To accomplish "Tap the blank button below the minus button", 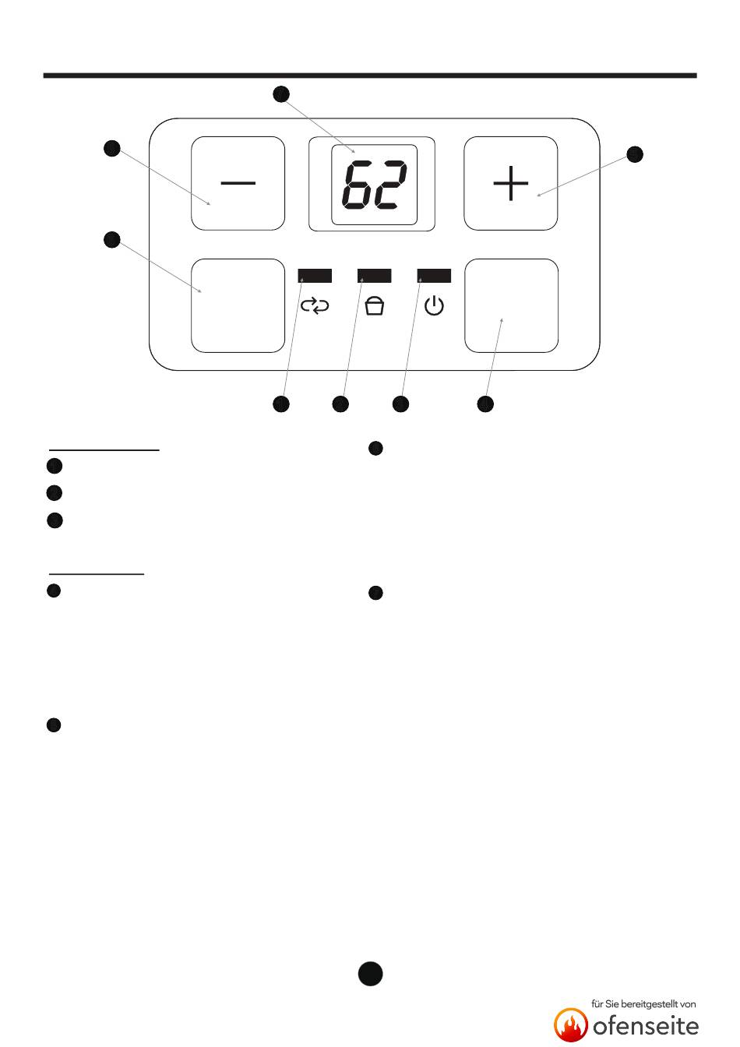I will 238,305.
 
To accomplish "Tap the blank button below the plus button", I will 511,305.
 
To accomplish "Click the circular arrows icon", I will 315,306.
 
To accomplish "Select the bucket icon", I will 375,306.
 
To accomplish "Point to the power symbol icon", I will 434,306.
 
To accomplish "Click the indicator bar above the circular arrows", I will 315,276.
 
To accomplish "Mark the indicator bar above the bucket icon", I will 375,276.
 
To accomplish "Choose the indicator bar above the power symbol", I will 434,276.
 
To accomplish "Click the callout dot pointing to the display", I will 281,94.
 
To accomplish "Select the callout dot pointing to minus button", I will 112,148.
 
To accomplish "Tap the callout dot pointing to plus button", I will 636,153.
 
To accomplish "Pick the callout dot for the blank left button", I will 112,240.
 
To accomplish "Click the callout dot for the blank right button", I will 485,404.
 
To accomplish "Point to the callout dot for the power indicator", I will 400,404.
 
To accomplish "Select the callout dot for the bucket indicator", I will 340,404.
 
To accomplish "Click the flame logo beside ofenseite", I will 571,1024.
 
